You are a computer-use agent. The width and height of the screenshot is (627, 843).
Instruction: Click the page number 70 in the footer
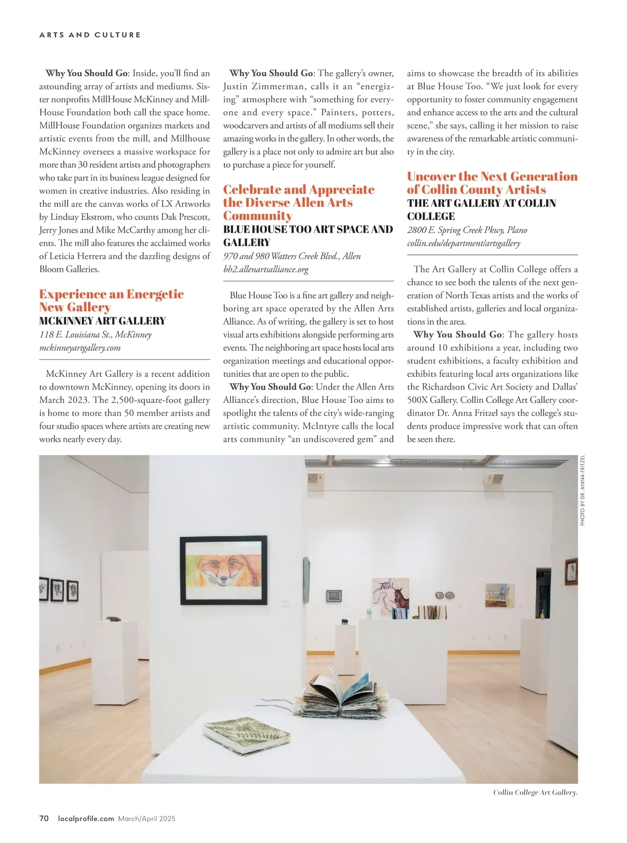(x=44, y=818)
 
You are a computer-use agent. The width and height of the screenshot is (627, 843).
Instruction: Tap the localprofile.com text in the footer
(x=86, y=818)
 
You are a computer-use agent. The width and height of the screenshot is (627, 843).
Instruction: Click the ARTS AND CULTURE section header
(x=90, y=35)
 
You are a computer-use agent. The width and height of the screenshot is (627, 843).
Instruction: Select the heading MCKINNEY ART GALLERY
(x=102, y=321)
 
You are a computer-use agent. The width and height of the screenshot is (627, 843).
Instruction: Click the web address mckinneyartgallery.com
(x=80, y=348)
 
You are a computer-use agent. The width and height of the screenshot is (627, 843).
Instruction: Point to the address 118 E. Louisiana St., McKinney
(x=96, y=334)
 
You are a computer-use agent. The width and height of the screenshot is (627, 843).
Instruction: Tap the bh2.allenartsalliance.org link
(x=266, y=269)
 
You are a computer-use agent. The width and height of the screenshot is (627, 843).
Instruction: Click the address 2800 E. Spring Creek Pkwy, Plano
(x=467, y=230)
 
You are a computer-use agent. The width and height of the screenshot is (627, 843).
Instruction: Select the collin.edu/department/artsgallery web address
(x=463, y=243)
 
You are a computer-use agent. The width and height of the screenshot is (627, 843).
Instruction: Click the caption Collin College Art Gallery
(x=535, y=792)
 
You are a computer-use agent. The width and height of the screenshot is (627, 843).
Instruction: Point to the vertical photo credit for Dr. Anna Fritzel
(x=583, y=490)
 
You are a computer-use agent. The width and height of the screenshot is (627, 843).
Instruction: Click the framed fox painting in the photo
(x=223, y=570)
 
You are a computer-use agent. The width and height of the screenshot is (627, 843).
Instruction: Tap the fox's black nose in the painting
(x=224, y=579)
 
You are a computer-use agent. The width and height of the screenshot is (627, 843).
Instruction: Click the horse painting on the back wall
(x=390, y=594)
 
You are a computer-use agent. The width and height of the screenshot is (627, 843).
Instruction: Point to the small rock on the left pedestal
(x=111, y=619)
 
